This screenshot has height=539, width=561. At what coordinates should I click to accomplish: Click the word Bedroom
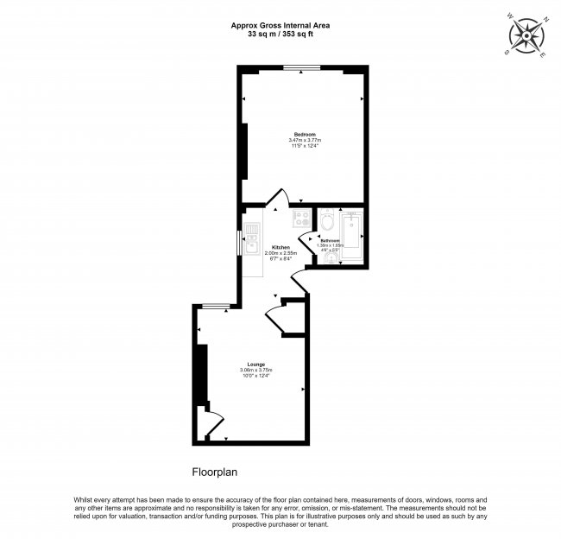tap(305, 135)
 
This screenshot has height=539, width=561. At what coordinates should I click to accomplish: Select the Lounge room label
tap(255, 365)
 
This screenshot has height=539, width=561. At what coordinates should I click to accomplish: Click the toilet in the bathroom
tap(326, 223)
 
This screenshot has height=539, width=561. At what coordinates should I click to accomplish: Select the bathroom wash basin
tap(331, 257)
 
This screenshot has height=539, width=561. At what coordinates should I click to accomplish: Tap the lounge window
tap(217, 305)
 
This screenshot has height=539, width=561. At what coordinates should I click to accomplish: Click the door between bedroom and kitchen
tap(277, 200)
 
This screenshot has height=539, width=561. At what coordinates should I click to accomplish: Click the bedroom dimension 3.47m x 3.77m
tap(305, 141)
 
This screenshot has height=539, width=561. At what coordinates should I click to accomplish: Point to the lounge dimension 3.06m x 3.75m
tap(255, 371)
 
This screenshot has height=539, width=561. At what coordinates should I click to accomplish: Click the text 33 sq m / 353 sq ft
tap(280, 35)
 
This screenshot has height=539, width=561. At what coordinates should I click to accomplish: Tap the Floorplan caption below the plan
tap(214, 472)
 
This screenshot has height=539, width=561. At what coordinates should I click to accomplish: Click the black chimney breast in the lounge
tap(202, 372)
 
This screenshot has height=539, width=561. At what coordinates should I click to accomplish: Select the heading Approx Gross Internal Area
tap(280, 26)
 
